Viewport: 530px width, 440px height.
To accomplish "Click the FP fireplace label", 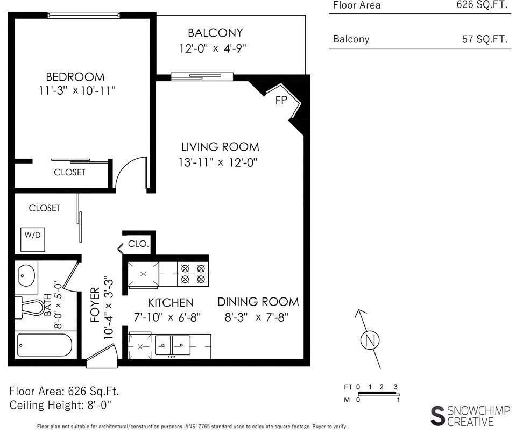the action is (281, 100).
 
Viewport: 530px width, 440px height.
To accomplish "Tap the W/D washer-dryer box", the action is (33, 239).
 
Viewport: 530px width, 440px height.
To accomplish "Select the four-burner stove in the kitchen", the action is (193, 274).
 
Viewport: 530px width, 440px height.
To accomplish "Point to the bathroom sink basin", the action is (26, 275).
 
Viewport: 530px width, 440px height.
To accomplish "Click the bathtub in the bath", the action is (44, 345).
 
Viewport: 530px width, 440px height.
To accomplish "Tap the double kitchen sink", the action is (172, 345).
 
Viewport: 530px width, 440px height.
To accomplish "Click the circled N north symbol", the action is (370, 340).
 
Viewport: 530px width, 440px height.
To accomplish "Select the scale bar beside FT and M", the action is (379, 394).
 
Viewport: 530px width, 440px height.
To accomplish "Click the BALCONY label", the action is (215, 33).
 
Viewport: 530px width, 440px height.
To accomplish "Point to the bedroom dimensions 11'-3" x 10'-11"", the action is (77, 90).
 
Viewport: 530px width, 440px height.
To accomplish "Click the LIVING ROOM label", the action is (220, 147).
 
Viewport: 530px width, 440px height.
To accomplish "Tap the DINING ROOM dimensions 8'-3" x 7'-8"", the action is (257, 317).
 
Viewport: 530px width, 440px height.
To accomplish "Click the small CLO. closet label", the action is (138, 244).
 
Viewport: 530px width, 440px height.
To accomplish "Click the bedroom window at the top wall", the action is (83, 15).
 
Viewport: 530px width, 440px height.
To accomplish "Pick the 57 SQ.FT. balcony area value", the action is (485, 39).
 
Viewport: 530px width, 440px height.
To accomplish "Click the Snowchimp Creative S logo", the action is (438, 416).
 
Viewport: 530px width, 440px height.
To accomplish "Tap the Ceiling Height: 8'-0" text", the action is (60, 405).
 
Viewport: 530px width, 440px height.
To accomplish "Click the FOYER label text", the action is (95, 305).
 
